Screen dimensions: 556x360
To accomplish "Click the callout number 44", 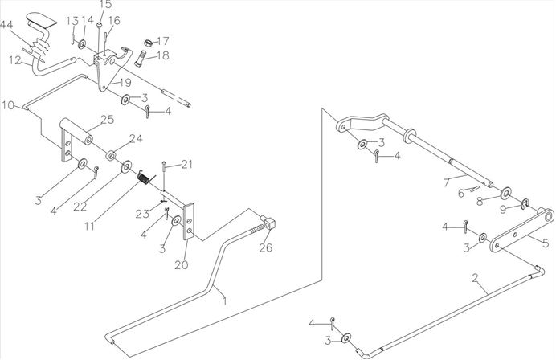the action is (x=6, y=25).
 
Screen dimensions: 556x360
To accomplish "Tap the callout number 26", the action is (x=266, y=247).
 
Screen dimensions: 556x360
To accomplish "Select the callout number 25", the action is (x=107, y=119).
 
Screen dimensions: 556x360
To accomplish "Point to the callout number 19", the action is (x=125, y=83).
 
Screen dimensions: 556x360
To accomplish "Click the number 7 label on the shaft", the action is (x=447, y=183).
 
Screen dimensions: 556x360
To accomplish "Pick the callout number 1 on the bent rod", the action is (x=224, y=301).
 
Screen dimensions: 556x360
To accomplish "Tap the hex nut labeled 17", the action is (x=149, y=43).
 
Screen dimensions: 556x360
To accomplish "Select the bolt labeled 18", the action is (x=141, y=58).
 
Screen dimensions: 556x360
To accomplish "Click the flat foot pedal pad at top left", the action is (x=42, y=19).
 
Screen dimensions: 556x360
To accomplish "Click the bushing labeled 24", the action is (x=112, y=155).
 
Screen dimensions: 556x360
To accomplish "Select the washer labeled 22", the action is (x=126, y=166).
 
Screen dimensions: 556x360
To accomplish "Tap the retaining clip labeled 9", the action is (x=525, y=202).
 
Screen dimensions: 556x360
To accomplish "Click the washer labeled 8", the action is (x=505, y=194).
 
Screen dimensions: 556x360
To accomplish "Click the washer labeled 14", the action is (x=82, y=45).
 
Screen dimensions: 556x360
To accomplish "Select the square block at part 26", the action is (x=271, y=223).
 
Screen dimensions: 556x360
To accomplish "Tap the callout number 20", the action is (x=182, y=264).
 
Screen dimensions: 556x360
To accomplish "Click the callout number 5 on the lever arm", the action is (x=546, y=243).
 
